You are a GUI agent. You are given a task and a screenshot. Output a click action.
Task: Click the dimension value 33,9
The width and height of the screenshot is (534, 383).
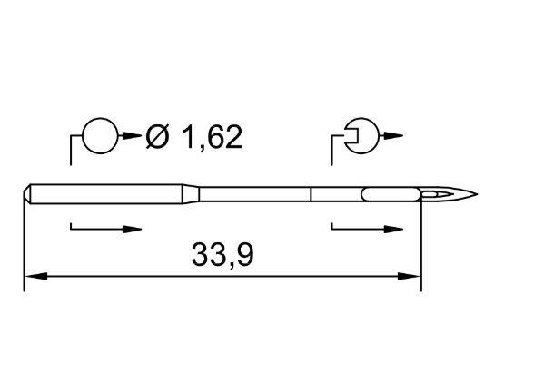[222, 255]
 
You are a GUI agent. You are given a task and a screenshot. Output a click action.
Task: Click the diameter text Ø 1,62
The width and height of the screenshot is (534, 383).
[194, 137]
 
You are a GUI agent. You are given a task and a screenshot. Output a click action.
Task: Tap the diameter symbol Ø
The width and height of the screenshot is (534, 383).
[157, 137]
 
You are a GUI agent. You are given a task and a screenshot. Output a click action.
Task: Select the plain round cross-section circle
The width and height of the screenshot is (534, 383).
[101, 136]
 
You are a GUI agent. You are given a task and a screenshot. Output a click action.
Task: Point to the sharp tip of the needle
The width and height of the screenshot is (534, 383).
[477, 194]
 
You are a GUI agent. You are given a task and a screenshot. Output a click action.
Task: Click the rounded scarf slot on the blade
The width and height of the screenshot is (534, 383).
[391, 194]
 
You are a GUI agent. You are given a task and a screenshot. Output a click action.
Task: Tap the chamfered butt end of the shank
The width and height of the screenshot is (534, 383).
[27, 194]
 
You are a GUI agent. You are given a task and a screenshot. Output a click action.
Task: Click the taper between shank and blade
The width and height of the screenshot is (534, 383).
[191, 194]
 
